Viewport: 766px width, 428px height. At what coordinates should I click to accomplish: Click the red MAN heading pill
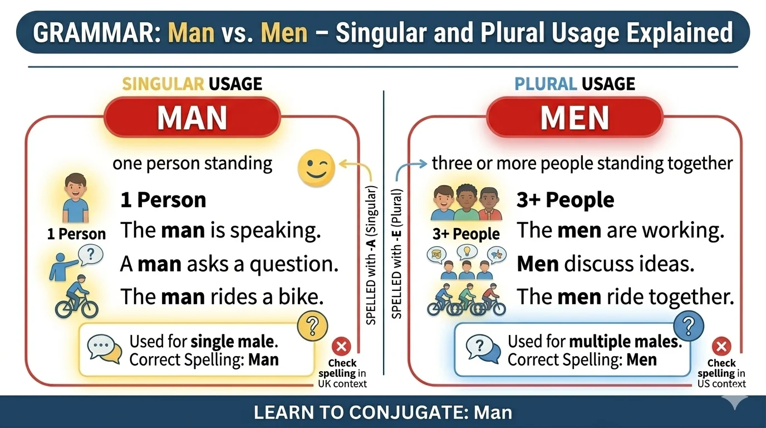[192, 118]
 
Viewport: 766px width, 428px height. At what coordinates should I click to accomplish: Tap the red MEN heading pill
[574, 118]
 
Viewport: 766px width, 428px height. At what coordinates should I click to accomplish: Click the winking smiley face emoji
[316, 168]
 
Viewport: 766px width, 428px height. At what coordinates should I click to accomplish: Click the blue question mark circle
[689, 325]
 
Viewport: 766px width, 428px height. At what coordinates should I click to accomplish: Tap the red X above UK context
[341, 347]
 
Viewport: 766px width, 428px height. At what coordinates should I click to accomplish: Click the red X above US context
[721, 347]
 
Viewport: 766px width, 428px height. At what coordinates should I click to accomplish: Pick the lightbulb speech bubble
[467, 251]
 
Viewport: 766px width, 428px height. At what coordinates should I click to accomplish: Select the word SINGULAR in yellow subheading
[163, 84]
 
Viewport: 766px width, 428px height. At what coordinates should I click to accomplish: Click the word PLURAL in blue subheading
[545, 84]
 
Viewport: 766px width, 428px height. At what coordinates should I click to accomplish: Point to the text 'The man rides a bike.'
[222, 296]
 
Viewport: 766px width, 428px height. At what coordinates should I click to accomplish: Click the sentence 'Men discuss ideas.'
[606, 264]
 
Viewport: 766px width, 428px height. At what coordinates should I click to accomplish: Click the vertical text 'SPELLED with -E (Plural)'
[397, 254]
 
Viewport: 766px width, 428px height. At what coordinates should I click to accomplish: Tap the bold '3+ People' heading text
[565, 200]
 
